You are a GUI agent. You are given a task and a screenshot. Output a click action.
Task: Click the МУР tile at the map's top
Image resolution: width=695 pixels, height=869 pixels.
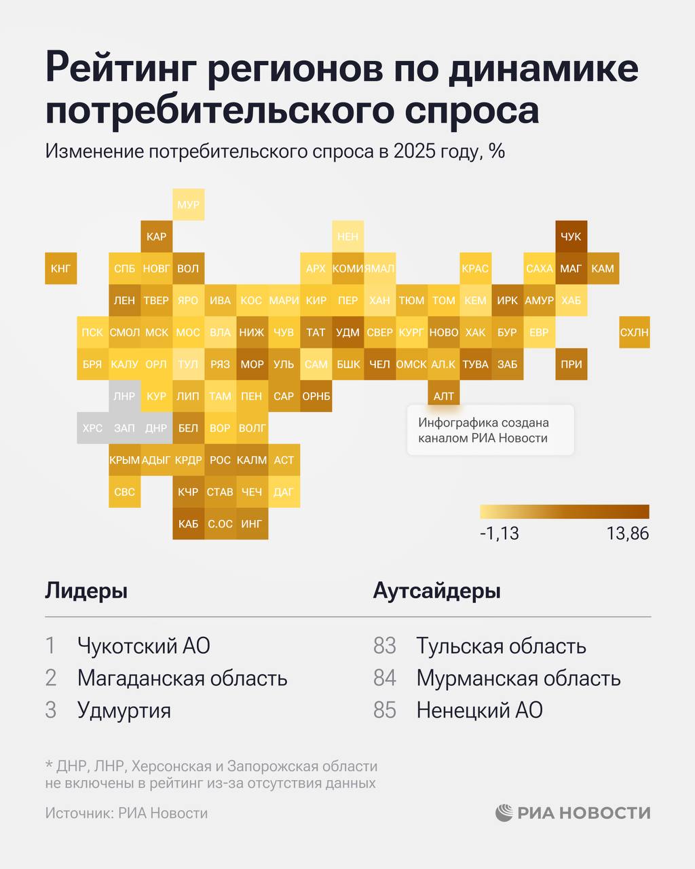[x=188, y=204]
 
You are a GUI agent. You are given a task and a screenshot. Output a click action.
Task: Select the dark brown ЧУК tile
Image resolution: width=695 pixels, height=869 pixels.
[x=571, y=236]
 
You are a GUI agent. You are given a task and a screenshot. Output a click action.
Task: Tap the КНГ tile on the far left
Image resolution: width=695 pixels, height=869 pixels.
[x=60, y=268]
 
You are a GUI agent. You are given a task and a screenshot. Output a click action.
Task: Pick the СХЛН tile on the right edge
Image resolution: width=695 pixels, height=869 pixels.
[x=635, y=332]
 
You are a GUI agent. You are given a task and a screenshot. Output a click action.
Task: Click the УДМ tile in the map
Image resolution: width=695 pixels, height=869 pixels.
[x=347, y=332]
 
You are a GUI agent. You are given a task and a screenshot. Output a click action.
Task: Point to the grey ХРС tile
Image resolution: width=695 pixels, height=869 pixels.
[x=92, y=428]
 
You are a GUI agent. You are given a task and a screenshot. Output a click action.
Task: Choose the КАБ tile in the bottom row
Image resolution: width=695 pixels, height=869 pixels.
[x=188, y=523]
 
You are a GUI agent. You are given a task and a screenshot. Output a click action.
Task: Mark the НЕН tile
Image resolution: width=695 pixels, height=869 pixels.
[x=347, y=236]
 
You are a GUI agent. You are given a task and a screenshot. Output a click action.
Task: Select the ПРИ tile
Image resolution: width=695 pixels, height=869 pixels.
[x=571, y=364]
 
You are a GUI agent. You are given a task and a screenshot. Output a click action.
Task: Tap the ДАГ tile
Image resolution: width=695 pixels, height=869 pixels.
[x=284, y=492]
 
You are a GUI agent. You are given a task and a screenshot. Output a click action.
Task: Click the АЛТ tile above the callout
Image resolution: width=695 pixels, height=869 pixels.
[x=443, y=396]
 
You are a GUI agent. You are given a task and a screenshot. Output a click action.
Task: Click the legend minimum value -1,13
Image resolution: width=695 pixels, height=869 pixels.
[x=499, y=534]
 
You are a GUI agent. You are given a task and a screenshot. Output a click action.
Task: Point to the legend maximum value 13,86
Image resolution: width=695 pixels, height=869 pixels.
[x=627, y=534]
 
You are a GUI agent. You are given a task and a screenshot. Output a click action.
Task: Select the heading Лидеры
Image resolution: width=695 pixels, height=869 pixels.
[x=86, y=591]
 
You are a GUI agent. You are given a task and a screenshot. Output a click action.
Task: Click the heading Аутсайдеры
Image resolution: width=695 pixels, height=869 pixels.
[x=436, y=591]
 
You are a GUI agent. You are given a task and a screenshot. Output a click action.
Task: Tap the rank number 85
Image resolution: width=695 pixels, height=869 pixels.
[x=384, y=710]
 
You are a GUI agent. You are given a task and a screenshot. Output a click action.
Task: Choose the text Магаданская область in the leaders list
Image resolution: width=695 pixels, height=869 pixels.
[x=182, y=678]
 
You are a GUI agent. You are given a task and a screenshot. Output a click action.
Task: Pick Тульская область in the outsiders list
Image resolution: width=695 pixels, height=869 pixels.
[x=501, y=645]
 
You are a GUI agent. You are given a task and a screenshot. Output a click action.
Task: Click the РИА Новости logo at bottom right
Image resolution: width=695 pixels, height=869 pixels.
[x=573, y=813]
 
